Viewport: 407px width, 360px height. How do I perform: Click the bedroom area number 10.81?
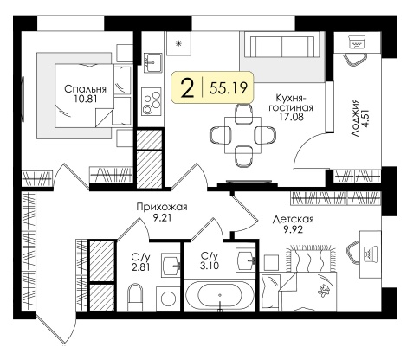pos(86,99)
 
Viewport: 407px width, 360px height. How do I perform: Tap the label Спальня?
pos(86,89)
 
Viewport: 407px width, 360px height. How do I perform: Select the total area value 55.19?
pos(229,88)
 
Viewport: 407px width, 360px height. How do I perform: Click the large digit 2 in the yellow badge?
pos(188,88)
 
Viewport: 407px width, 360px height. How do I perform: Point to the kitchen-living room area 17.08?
pos(291,117)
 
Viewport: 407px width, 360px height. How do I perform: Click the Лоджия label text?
pos(355,118)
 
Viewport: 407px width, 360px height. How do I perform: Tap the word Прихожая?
pos(162,207)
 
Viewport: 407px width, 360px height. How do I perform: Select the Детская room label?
pos(294,220)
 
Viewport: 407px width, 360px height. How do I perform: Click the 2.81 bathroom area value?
pos(140,267)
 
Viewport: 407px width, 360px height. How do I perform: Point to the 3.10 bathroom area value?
pos(210,266)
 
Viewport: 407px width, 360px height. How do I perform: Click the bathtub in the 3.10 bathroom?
pos(220,295)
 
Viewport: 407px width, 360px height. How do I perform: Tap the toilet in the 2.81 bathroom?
pos(135,296)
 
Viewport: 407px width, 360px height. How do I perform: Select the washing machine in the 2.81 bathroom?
pos(168,299)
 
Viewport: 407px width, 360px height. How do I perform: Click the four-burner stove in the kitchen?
pos(152,101)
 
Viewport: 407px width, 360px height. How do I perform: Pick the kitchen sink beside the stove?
pos(152,62)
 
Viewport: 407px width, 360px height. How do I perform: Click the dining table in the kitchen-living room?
pos(242,135)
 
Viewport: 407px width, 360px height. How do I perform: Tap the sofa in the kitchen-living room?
pos(283,47)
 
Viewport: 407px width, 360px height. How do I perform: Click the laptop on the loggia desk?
pos(358,42)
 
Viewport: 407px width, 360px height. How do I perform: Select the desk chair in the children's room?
pos(352,253)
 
